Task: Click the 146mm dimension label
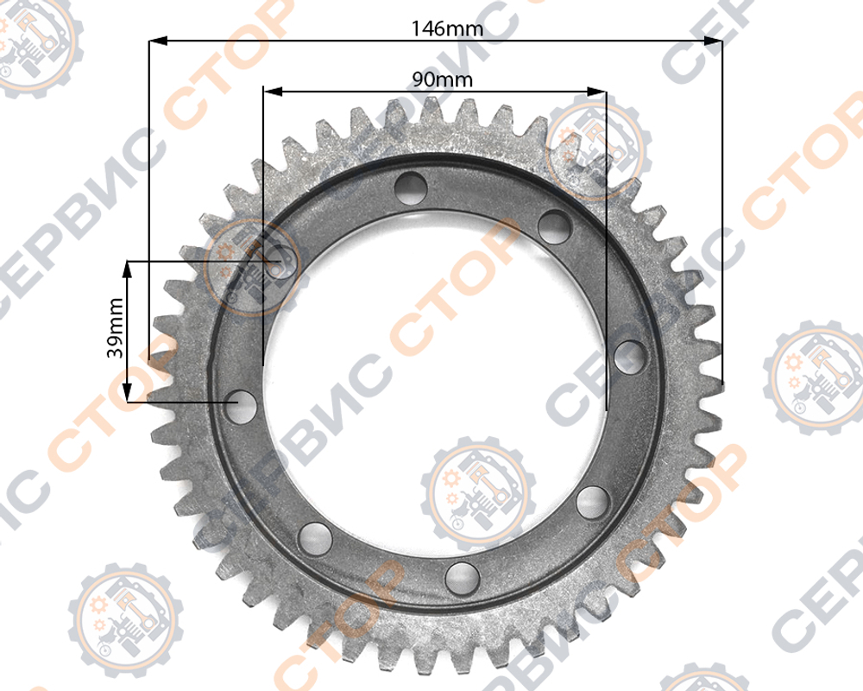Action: (x=447, y=29)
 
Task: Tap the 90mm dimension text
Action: (x=442, y=80)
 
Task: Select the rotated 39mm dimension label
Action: (x=115, y=328)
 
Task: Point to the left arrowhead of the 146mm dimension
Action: (x=158, y=41)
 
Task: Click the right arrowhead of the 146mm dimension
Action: (x=714, y=41)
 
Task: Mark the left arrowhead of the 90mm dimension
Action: (x=273, y=91)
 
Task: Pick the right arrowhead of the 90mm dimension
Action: (x=596, y=92)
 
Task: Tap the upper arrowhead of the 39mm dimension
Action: (x=128, y=270)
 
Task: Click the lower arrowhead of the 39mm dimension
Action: (x=128, y=393)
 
